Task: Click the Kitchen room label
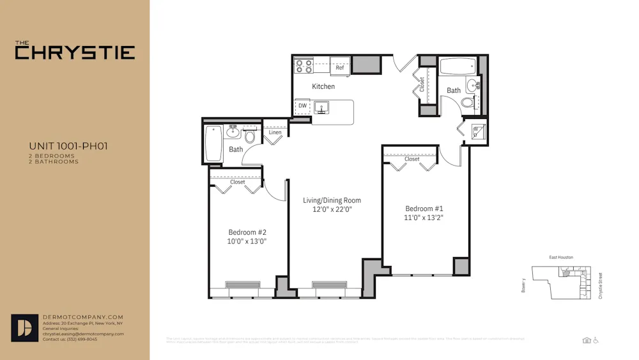(323, 86)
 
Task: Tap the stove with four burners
(303, 65)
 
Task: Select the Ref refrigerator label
(339, 67)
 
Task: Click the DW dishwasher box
(302, 106)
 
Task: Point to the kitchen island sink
(321, 106)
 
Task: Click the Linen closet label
(275, 132)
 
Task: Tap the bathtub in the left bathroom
(213, 143)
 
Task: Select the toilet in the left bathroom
(250, 136)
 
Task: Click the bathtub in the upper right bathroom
(458, 66)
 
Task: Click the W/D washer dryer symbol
(476, 132)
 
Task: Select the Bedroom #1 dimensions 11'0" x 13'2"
(424, 217)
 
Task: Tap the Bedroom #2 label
(247, 232)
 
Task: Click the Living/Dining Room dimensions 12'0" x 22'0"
(332, 209)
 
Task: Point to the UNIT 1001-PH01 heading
(68, 146)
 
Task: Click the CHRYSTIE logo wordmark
(75, 51)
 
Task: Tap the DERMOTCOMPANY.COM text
(82, 317)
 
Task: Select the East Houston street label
(561, 257)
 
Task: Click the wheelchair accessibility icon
(596, 340)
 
